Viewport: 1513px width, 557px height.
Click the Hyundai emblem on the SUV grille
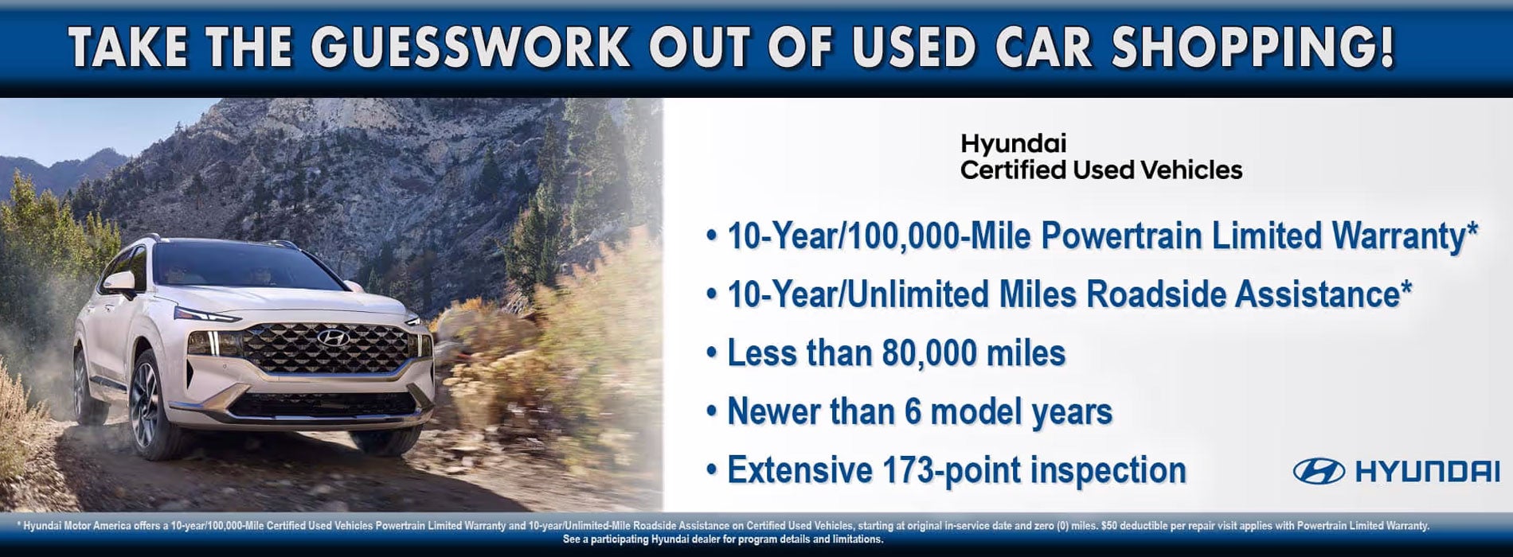[333, 338]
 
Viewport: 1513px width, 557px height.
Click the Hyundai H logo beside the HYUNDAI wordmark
[1319, 471]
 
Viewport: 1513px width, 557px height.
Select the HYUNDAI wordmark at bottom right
[1427, 471]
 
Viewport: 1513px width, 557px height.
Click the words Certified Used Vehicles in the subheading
[1101, 170]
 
